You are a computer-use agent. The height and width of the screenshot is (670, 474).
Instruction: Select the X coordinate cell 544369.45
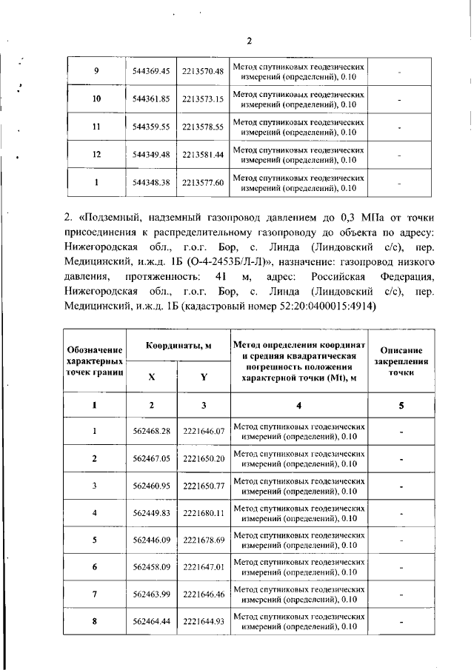[151, 71]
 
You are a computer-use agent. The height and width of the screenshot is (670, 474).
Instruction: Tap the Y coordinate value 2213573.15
[202, 98]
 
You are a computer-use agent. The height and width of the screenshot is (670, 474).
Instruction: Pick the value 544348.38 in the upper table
[151, 182]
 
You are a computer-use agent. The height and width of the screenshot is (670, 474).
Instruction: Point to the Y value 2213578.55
[202, 127]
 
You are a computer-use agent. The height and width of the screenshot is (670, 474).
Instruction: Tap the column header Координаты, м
[178, 346]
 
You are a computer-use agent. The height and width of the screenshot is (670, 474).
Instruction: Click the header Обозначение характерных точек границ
[95, 359]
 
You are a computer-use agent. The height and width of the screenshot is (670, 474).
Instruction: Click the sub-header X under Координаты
[151, 377]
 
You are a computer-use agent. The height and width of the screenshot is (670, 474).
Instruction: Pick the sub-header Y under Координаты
[202, 377]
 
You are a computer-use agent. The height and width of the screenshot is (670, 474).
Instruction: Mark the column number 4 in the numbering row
[299, 405]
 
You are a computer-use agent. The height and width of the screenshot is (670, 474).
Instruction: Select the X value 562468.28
[151, 431]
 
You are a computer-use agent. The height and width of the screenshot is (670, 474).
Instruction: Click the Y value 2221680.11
[202, 512]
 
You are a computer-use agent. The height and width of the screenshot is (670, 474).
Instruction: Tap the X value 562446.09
[151, 540]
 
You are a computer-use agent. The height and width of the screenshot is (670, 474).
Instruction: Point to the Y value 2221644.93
[202, 621]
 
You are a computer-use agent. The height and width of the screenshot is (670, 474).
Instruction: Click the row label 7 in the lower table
[95, 594]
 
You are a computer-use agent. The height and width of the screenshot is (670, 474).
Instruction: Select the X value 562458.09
[151, 567]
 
